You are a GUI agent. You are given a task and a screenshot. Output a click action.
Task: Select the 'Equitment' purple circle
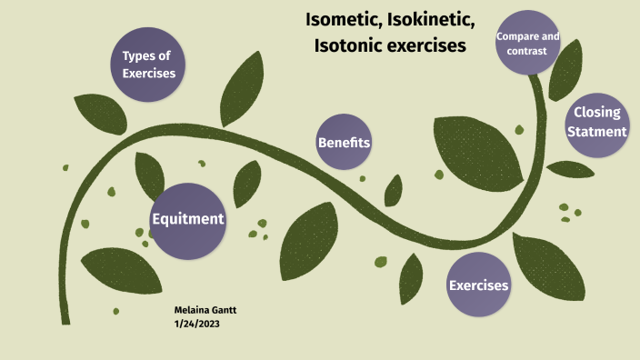point(187,219)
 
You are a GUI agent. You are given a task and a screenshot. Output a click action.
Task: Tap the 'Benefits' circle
point(344,143)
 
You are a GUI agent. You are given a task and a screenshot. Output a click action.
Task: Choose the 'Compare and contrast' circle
point(527,44)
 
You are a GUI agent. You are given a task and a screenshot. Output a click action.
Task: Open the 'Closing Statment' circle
point(596,123)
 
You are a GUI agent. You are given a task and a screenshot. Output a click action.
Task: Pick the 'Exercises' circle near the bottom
point(478,285)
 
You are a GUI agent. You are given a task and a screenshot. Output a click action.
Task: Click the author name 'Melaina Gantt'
point(205,310)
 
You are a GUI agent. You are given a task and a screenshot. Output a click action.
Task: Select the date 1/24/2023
point(196,324)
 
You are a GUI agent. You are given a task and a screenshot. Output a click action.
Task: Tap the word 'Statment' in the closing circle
point(596,132)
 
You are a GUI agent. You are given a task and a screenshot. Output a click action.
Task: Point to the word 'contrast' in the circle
point(527,52)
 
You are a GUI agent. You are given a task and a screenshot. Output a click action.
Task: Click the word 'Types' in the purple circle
point(132,55)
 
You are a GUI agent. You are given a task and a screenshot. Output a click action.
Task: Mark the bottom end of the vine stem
point(65,320)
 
